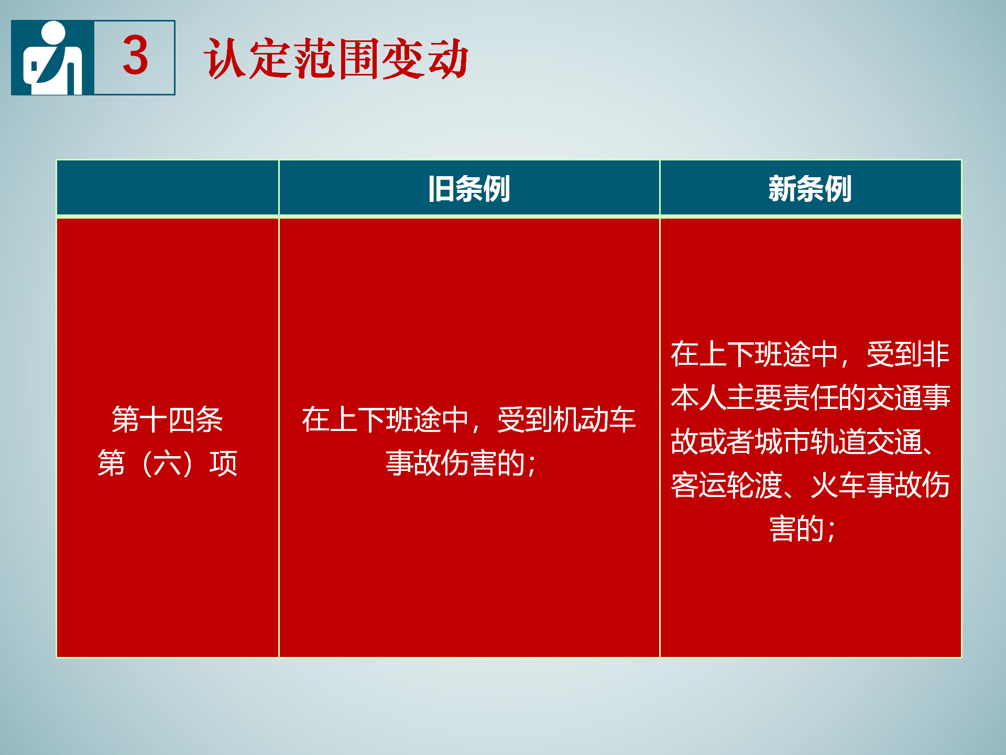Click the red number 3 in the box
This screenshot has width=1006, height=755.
(135, 55)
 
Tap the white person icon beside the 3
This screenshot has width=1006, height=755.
(52, 58)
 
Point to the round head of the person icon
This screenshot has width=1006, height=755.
(52, 33)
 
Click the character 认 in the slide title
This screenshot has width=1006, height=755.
(226, 58)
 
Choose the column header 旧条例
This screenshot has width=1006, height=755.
(469, 189)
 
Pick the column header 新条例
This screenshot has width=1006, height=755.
(810, 189)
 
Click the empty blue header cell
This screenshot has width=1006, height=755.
(168, 188)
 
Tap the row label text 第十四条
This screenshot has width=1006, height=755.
(168, 419)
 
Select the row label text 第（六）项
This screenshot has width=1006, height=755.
(168, 463)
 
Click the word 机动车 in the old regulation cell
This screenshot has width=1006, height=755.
(594, 419)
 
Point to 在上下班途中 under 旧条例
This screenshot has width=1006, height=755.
(385, 419)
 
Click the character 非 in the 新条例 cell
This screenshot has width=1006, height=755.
(936, 354)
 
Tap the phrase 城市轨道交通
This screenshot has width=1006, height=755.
(838, 441)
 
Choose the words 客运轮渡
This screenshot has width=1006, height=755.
(727, 485)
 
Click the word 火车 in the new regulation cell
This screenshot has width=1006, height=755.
(838, 485)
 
